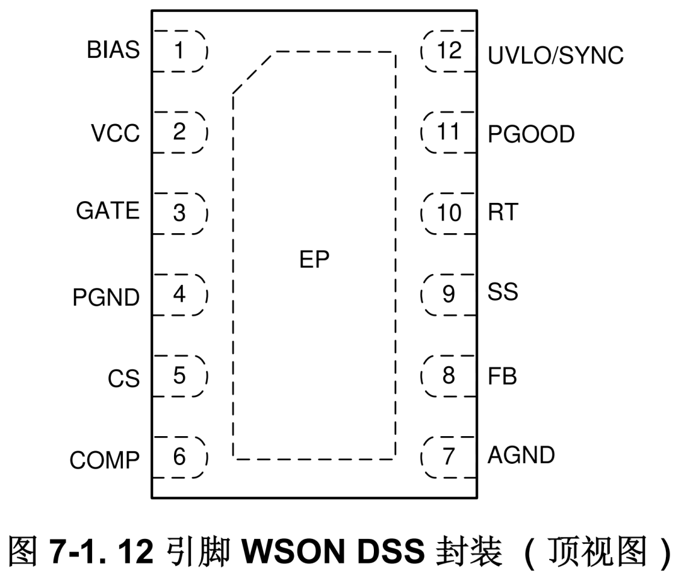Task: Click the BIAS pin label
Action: pos(113,50)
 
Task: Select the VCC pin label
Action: pos(115,134)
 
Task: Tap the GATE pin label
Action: pos(108,211)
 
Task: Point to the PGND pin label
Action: pos(106,297)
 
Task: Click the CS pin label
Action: pos(123,379)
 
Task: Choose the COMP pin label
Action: pos(105,461)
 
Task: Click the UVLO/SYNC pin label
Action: pos(556,56)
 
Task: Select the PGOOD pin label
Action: pos(531,134)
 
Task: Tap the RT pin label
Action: pos(502,212)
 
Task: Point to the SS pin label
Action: pos(503,292)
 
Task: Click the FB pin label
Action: pos(502,376)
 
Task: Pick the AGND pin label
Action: pos(521,454)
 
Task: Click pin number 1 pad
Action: pos(180,50)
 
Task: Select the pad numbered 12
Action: pos(449,50)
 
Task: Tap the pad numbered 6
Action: pos(180,456)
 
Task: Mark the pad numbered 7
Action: pos(448,456)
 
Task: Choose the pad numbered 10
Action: pos(449,213)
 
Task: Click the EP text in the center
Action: pos(314,259)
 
